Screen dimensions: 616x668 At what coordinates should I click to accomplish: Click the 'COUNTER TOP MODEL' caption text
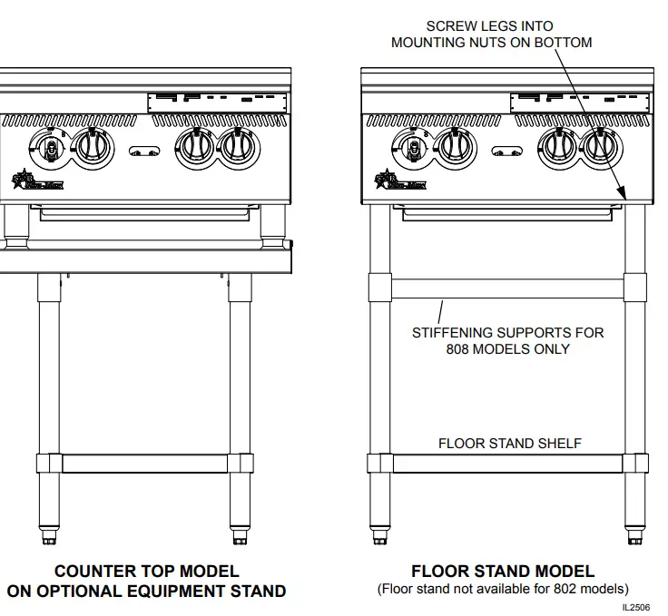tap(146, 572)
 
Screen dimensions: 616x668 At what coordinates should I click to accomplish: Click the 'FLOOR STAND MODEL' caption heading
tap(503, 572)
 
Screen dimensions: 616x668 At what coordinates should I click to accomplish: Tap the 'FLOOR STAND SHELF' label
tap(509, 444)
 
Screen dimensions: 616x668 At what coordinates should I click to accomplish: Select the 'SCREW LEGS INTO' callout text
tap(489, 26)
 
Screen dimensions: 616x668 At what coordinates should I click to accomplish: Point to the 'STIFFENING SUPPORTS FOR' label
tap(507, 333)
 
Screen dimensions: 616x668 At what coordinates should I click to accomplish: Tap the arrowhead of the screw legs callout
tap(624, 194)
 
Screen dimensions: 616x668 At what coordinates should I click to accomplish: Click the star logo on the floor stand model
tap(385, 179)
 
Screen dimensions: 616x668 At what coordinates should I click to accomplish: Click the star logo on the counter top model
tap(21, 179)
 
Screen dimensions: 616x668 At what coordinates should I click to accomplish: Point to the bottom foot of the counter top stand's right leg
tap(240, 539)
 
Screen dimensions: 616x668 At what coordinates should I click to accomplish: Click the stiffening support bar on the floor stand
tap(507, 289)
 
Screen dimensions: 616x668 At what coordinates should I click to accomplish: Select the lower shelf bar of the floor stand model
tap(507, 463)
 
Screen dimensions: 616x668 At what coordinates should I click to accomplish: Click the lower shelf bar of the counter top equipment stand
tap(144, 463)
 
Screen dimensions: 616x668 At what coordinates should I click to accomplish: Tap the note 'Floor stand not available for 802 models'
tap(503, 589)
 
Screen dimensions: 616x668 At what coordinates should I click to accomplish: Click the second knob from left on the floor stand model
tap(455, 147)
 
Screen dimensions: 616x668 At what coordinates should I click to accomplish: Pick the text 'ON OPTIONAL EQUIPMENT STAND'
tap(146, 592)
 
